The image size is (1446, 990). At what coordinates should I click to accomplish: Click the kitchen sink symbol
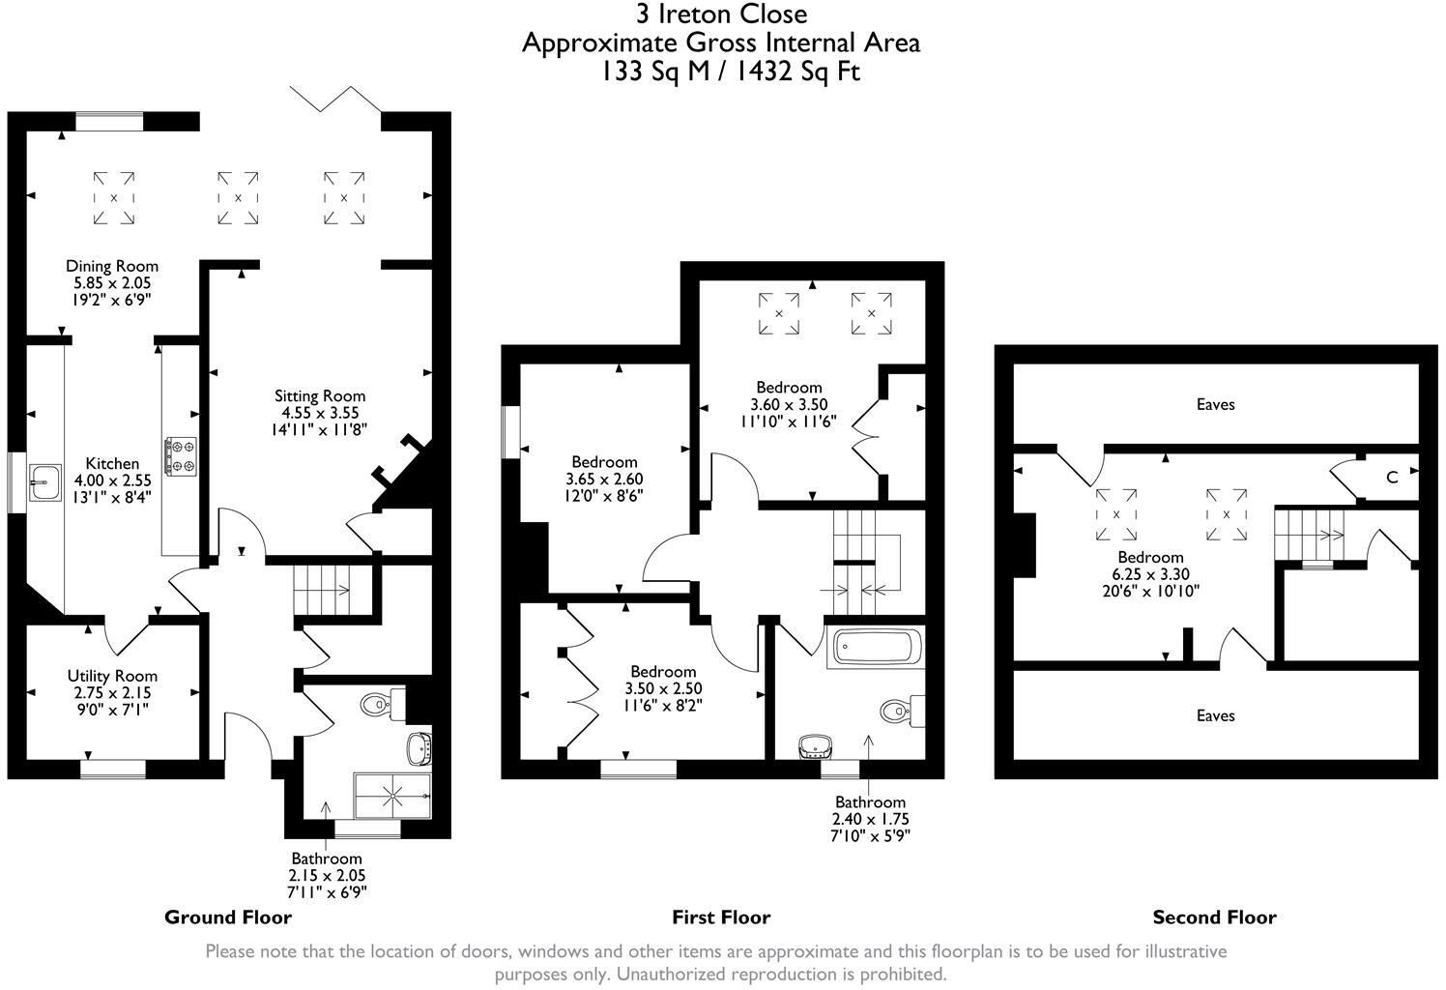[x=43, y=481]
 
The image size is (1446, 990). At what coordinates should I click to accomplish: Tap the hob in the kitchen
[x=181, y=456]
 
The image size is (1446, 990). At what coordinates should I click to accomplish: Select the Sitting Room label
[x=320, y=395]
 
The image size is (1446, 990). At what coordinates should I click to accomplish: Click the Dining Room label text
[x=112, y=266]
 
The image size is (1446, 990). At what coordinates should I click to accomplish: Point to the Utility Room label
[x=112, y=676]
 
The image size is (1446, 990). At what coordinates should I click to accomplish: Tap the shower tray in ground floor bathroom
[x=393, y=795]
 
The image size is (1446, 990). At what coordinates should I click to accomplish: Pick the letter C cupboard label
[x=1392, y=477]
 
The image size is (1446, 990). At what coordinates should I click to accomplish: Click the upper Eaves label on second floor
[x=1215, y=404]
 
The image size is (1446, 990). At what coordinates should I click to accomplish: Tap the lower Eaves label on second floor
[x=1215, y=715]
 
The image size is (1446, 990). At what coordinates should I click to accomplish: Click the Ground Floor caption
[x=228, y=917]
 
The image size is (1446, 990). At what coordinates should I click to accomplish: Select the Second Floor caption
[x=1214, y=917]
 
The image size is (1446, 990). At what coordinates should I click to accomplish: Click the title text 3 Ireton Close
[x=721, y=15]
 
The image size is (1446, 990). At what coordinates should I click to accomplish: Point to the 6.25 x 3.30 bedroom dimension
[x=1150, y=574]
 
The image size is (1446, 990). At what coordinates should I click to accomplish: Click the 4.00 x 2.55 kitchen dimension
[x=112, y=480]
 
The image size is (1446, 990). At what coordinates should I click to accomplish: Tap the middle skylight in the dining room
[x=238, y=198]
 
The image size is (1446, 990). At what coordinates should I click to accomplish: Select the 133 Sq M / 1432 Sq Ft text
[x=726, y=72]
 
